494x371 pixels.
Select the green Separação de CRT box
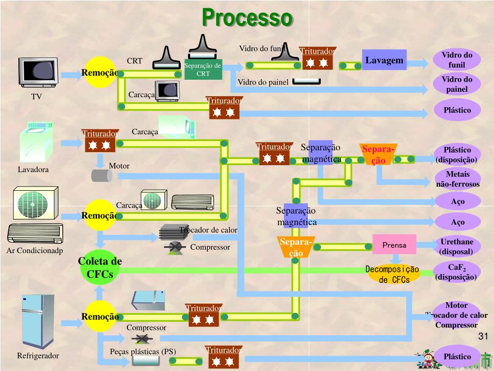[203, 70]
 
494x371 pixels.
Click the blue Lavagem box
[384, 60]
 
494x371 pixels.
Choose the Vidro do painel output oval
[457, 85]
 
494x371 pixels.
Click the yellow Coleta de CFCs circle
[100, 268]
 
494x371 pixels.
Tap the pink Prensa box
[394, 245]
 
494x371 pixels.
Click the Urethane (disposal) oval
[457, 246]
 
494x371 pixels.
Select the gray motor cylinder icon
[102, 175]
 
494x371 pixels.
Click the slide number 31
[483, 336]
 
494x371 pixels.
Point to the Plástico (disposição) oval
[457, 155]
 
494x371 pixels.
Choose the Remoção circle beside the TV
[100, 72]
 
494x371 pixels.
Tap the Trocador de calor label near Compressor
[208, 230]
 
